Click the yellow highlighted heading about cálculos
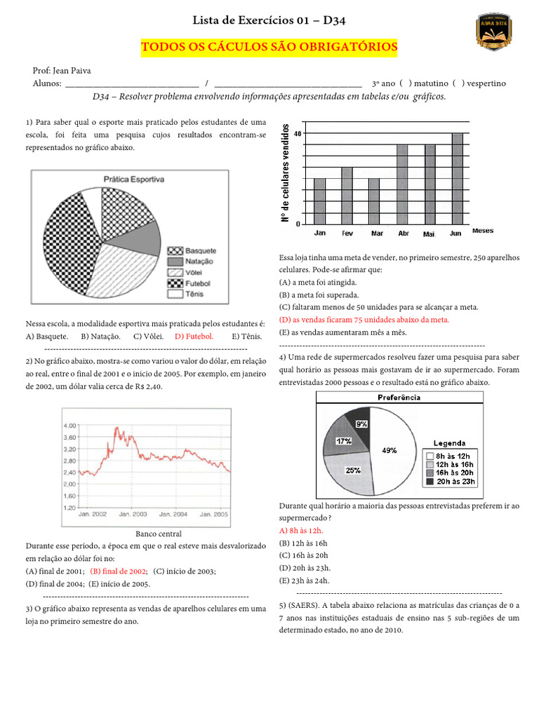[x=269, y=47]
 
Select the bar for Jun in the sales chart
[x=457, y=178]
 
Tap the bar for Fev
[x=347, y=195]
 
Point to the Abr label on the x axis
[x=404, y=233]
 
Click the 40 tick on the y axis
[x=298, y=133]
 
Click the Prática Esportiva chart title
[x=133, y=179]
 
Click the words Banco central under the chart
[x=158, y=534]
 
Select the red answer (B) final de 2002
[x=118, y=571]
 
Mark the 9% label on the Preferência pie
[x=362, y=424]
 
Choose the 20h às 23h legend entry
[x=451, y=481]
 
